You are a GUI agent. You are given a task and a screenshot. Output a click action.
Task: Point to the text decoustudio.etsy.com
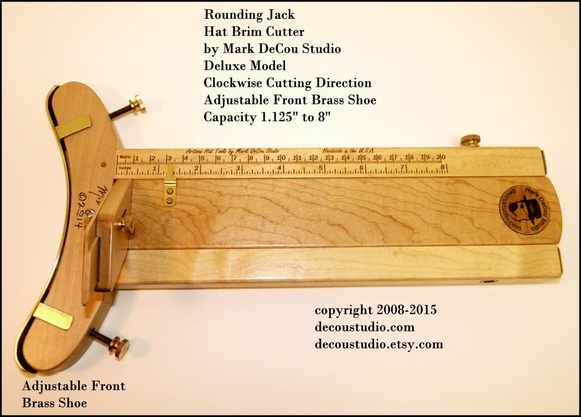379,344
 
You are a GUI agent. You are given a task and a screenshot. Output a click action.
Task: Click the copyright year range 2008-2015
406,310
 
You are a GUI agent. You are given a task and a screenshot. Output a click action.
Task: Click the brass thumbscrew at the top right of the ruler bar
470,140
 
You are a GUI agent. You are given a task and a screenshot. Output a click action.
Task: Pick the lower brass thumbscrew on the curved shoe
120,345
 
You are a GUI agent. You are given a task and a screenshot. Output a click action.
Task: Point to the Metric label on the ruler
125,157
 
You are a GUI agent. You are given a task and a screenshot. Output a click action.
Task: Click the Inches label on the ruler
125,168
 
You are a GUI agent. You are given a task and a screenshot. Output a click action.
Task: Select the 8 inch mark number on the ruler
442,167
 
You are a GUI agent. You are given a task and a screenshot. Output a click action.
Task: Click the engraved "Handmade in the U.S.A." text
348,151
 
